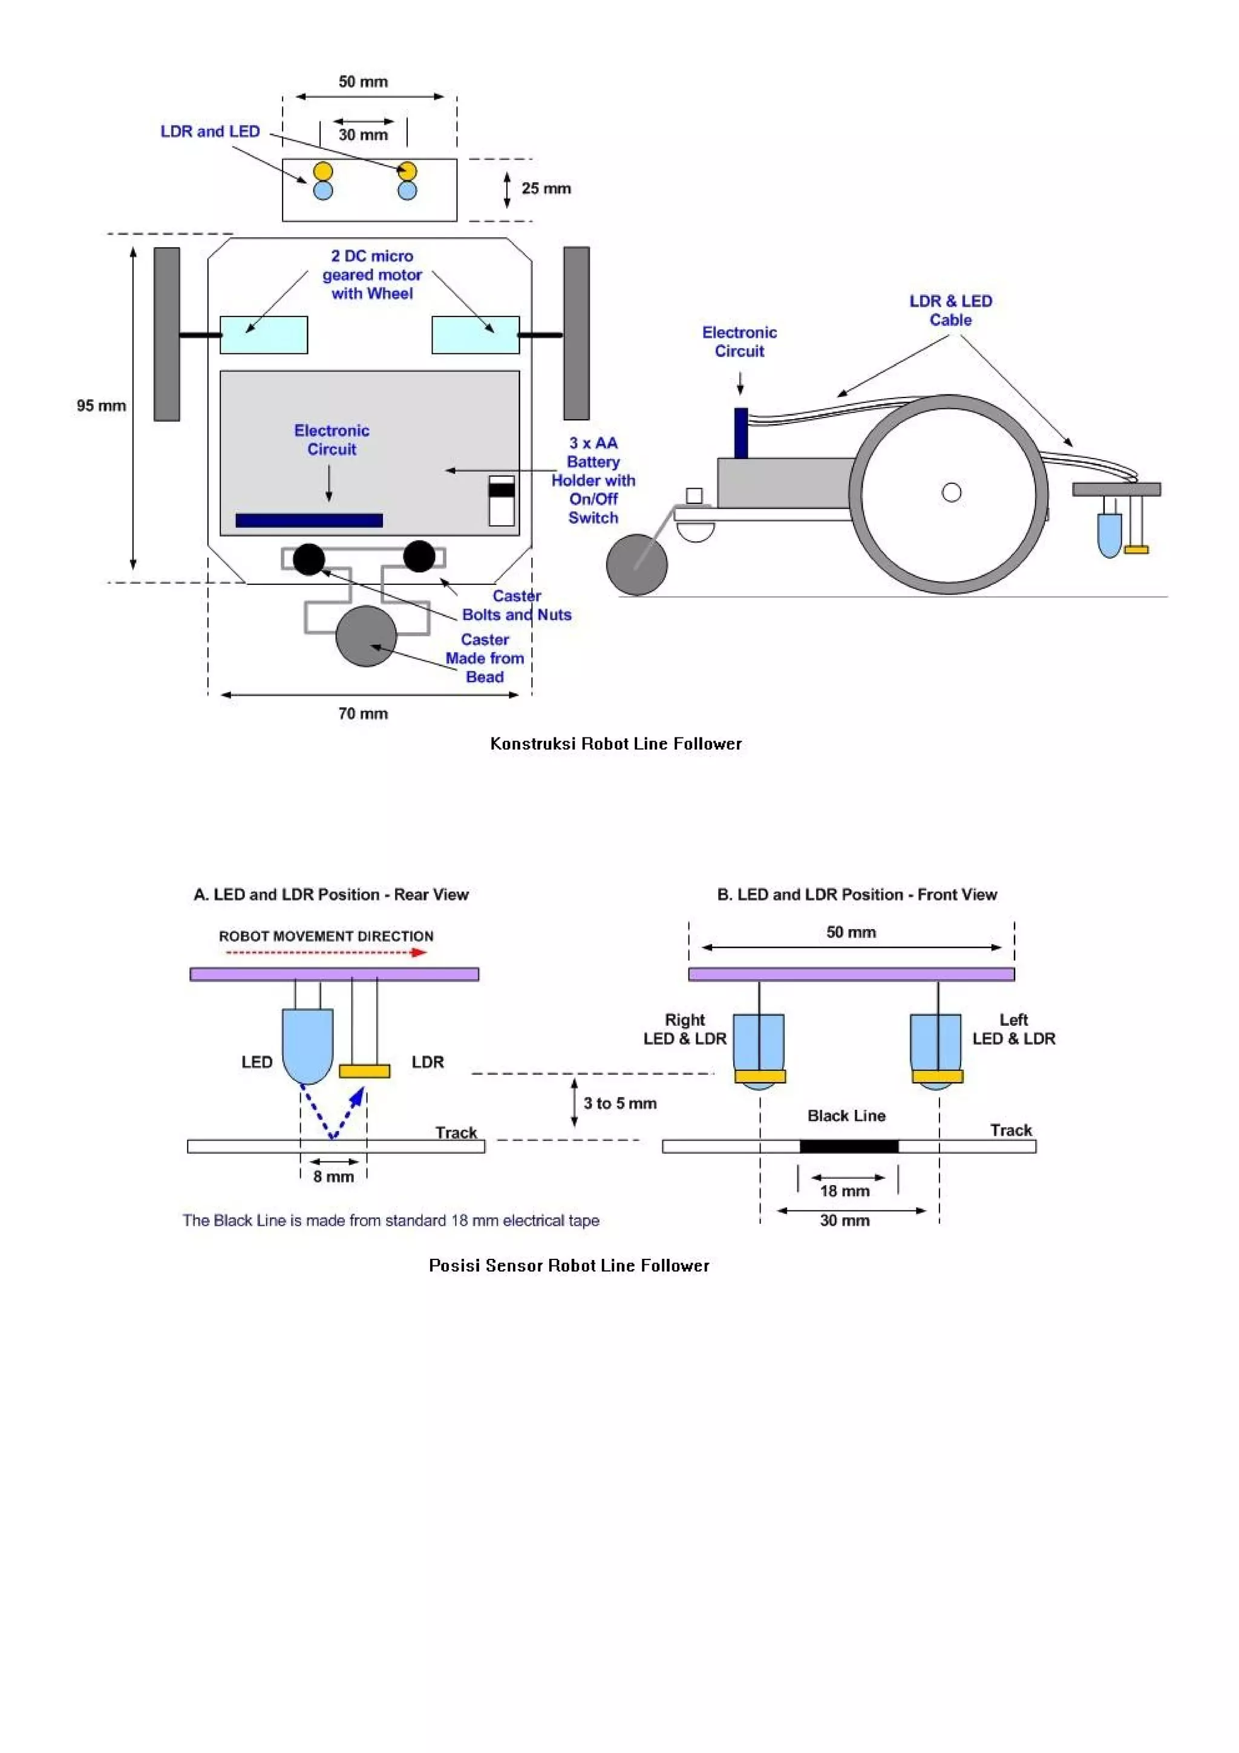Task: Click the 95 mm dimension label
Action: click(101, 405)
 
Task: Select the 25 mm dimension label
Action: click(546, 189)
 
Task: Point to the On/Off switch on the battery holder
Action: click(502, 500)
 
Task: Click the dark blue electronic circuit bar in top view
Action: click(309, 521)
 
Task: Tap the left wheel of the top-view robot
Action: click(166, 334)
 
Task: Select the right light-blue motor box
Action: click(475, 335)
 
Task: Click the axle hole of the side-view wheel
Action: click(951, 492)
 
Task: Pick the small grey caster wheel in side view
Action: click(636, 565)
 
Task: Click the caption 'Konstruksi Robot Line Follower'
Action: click(615, 743)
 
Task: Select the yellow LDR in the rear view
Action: click(364, 1071)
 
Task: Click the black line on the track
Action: click(848, 1146)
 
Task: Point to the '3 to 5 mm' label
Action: click(620, 1103)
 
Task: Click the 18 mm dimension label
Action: click(845, 1191)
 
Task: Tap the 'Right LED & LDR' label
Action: click(685, 1029)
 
